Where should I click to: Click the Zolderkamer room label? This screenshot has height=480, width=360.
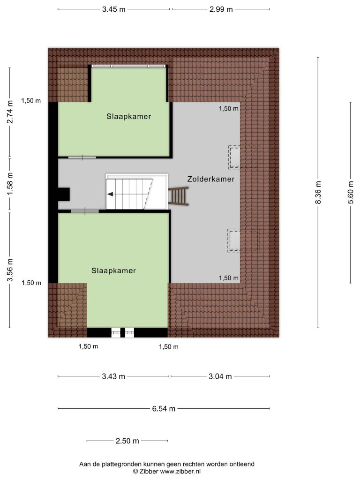tap(211, 179)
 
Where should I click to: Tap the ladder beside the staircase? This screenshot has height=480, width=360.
tap(178, 196)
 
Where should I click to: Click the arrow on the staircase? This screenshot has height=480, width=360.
tap(110, 194)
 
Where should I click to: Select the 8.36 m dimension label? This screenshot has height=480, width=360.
tap(318, 192)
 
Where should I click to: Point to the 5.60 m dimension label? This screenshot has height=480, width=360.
tap(351, 192)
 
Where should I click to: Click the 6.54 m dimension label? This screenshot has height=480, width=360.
tap(164, 409)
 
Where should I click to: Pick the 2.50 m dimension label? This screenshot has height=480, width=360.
tap(127, 441)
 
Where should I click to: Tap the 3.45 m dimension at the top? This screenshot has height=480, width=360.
tap(114, 9)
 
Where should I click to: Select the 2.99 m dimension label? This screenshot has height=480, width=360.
tap(221, 9)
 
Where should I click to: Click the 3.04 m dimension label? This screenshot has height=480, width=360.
tap(220, 376)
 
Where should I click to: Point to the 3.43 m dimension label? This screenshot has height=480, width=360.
tap(113, 376)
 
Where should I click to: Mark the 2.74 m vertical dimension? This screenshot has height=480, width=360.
tap(10, 112)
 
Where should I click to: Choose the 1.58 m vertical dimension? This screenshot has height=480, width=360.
tap(10, 184)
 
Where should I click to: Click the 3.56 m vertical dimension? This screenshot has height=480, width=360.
tap(10, 270)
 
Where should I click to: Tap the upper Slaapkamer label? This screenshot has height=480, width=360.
tap(129, 117)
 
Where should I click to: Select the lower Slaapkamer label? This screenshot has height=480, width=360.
tap(113, 270)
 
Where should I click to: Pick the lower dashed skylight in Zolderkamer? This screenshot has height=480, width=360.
tap(234, 240)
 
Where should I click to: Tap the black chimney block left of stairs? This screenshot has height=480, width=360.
tap(64, 194)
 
